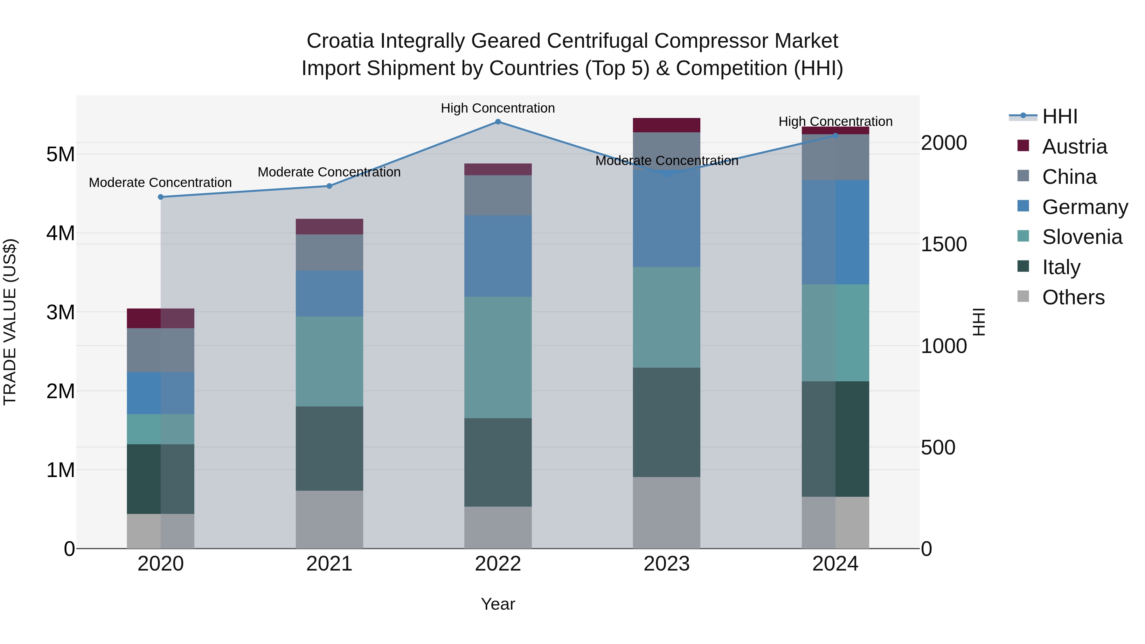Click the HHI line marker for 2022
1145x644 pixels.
point(498,122)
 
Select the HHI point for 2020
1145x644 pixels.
point(161,197)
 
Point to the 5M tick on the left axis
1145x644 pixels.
point(60,154)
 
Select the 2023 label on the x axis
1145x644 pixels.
point(666,564)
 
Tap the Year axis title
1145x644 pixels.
point(498,604)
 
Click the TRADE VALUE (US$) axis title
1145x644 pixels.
point(10,322)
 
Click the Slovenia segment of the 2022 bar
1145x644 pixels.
point(498,357)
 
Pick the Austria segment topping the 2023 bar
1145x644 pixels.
point(666,125)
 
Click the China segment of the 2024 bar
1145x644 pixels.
point(835,157)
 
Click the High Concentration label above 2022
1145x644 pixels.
point(498,108)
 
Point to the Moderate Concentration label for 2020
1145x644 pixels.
point(161,183)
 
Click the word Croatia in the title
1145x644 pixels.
point(340,41)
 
